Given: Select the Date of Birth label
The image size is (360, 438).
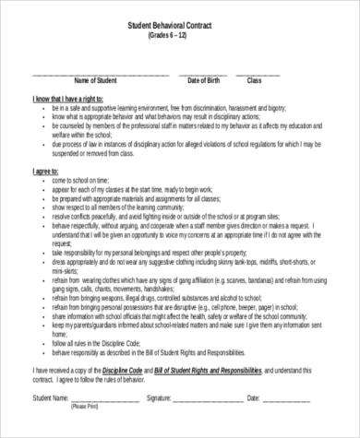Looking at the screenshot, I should coord(204,81).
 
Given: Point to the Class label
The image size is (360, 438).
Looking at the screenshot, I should coord(256,81).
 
